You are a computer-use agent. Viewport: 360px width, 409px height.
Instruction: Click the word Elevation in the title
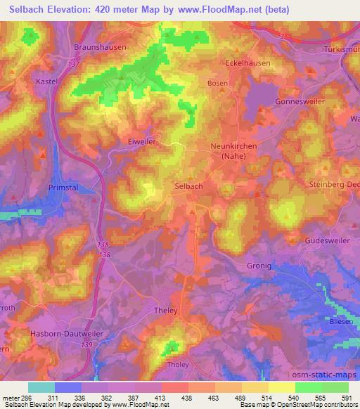point(69,11)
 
